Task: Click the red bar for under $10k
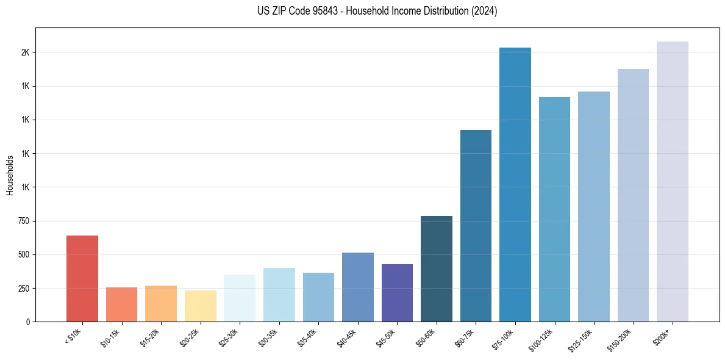(x=82, y=278)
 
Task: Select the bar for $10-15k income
(x=121, y=304)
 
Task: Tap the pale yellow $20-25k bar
(x=200, y=306)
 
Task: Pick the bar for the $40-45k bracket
(x=357, y=287)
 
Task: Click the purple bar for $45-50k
(x=397, y=293)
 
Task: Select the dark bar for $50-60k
(x=437, y=268)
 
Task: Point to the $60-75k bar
(x=476, y=226)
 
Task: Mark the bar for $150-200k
(x=633, y=195)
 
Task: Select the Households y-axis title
(x=10, y=175)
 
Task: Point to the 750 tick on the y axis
(x=24, y=221)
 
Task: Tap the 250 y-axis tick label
(x=24, y=288)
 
